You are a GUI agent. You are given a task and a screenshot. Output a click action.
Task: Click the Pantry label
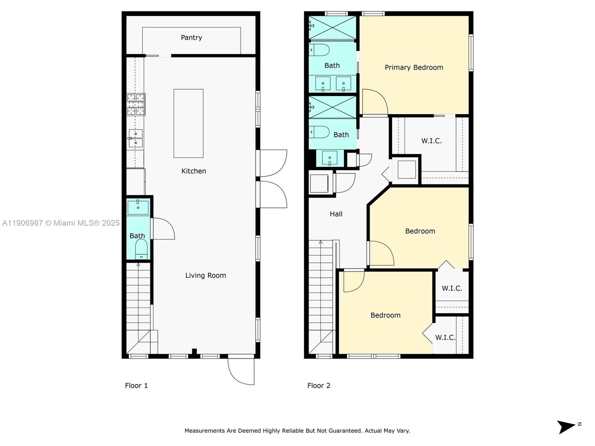pyautogui.click(x=191, y=38)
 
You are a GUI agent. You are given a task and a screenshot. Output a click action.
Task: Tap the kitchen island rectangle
pyautogui.click(x=188, y=123)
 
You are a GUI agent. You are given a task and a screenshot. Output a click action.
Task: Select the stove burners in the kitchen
pyautogui.click(x=136, y=104)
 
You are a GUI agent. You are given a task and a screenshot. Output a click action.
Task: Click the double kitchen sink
pyautogui.click(x=135, y=138)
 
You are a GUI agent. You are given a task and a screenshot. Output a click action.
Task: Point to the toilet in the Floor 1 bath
pyautogui.click(x=141, y=248)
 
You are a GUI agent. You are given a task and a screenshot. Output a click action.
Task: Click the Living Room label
pyautogui.click(x=205, y=275)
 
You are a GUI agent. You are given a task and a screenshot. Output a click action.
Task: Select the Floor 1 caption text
pyautogui.click(x=136, y=385)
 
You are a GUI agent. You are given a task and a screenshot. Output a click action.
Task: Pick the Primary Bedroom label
pyautogui.click(x=414, y=67)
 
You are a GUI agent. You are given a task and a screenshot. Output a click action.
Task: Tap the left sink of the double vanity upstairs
pyautogui.click(x=322, y=84)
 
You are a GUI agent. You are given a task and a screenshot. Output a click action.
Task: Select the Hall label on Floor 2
pyautogui.click(x=336, y=214)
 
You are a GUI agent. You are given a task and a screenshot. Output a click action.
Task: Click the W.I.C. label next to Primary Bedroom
pyautogui.click(x=431, y=141)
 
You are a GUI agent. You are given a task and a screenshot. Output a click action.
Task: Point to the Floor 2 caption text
pyautogui.click(x=319, y=385)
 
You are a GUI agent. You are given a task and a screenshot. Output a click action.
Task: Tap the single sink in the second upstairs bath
pyautogui.click(x=329, y=158)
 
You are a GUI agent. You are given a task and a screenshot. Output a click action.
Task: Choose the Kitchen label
pyautogui.click(x=193, y=171)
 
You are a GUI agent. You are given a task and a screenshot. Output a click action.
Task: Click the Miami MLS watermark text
pyautogui.click(x=61, y=223)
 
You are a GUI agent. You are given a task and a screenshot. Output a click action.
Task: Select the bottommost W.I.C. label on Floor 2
pyautogui.click(x=445, y=337)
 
